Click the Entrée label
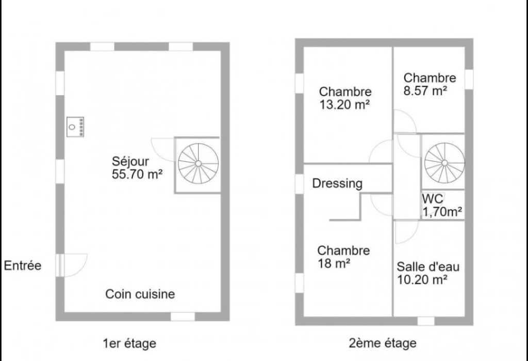[x=23, y=265]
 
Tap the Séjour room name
[x=130, y=162]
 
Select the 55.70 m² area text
[x=137, y=175]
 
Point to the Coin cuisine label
[x=140, y=294]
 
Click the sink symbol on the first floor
[x=75, y=127]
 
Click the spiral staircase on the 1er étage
[x=199, y=164]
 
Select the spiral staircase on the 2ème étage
[x=444, y=163]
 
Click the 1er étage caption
[x=129, y=343]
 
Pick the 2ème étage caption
[x=383, y=343]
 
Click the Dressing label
[x=337, y=183]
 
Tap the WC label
[x=433, y=198]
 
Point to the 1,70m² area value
[x=442, y=212]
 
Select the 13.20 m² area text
[x=344, y=105]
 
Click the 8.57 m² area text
[x=425, y=91]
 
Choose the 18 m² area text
[x=334, y=263]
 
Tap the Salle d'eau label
[x=428, y=266]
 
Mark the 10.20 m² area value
[x=422, y=280]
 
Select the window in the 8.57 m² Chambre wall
[x=469, y=80]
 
